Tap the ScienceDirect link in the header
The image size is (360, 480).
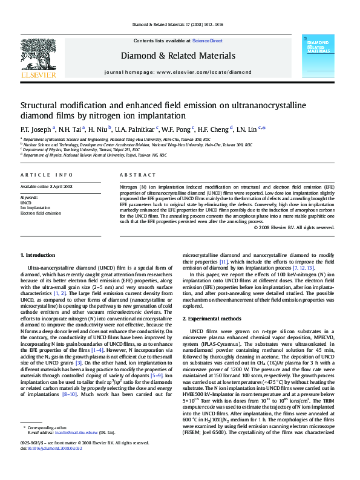tap(207, 41)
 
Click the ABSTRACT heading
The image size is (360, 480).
tap(133, 175)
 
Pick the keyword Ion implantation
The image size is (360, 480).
tap(35, 207)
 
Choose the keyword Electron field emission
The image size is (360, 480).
tap(41, 213)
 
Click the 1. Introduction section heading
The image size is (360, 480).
tap(38, 256)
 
